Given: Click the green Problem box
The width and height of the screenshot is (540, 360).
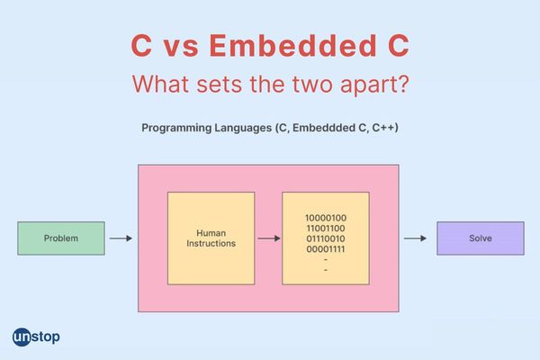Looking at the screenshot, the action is coord(61,238).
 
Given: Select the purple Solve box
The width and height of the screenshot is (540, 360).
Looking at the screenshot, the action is coord(481,238).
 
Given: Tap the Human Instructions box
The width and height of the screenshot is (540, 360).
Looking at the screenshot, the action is coord(211,238).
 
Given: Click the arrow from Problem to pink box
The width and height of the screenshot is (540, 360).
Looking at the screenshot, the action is coord(121,238).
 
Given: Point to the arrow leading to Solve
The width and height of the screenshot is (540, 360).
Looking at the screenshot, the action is coord(415,238).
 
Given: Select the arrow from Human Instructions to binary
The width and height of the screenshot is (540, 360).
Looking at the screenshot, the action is coord(269,238).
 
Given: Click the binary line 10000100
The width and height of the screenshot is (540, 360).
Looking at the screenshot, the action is coord(326,218).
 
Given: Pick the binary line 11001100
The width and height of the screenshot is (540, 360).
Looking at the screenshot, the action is coord(326,229).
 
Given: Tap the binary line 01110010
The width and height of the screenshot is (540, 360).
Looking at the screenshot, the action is coord(326,238).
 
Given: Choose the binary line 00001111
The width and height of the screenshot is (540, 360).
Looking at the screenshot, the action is coord(326,249).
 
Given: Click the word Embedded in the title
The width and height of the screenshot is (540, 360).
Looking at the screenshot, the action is coord(293,45).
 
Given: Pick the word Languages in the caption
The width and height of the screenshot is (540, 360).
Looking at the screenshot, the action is coord(243,128).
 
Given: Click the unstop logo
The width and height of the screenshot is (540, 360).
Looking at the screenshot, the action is coord(36,337).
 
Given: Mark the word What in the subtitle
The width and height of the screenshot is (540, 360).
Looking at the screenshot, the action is coord(161,84).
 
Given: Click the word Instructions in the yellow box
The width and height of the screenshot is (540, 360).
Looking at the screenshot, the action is coord(211,243).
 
